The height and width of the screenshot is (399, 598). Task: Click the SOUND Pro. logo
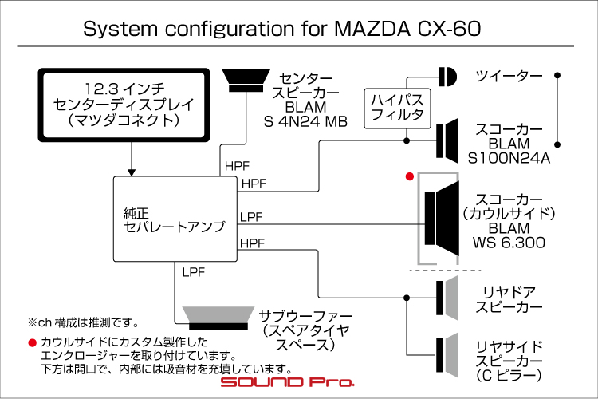pos(288,381)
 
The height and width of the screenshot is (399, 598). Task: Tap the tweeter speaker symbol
pos(447,77)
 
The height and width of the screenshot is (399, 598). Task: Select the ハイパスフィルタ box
pos(397,109)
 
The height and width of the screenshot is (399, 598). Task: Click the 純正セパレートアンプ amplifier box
pos(175,219)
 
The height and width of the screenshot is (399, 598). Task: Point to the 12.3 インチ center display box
pos(124,105)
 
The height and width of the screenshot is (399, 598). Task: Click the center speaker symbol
pos(246,81)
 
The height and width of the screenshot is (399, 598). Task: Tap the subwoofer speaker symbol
pos(218,318)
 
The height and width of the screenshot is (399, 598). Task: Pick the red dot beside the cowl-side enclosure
pos(410,176)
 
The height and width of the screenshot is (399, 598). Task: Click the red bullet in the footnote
pos(32,342)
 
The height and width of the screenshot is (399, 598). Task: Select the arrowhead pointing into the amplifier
pos(132,172)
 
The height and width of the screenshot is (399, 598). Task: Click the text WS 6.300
pos(509,243)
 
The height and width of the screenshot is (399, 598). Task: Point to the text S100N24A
pos(509,158)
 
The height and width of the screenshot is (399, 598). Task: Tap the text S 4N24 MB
pos(305,122)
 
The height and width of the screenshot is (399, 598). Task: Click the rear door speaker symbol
pos(447,298)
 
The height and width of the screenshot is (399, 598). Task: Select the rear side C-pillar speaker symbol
pos(447,355)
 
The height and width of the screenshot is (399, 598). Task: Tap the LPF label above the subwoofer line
pos(194,272)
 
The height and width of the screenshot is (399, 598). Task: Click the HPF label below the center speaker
pos(238,166)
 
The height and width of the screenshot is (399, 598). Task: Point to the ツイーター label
pos(509,77)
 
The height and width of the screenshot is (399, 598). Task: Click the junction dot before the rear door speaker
pos(407,298)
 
